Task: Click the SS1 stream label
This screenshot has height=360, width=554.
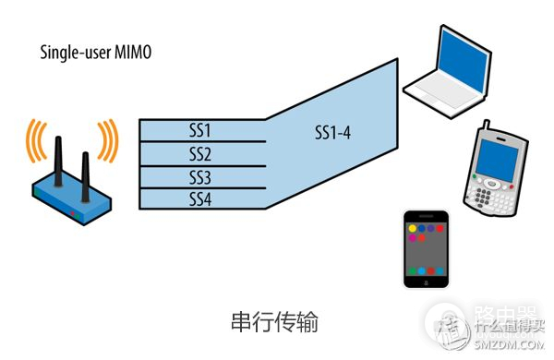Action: point(201,131)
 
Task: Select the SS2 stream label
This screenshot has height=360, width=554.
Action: point(201,153)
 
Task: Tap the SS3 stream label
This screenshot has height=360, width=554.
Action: point(201,176)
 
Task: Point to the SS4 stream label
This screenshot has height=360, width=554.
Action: point(201,198)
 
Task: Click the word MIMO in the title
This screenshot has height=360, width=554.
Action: point(129,53)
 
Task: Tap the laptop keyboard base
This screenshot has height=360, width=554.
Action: point(442,91)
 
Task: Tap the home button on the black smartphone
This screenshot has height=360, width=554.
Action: point(426,281)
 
